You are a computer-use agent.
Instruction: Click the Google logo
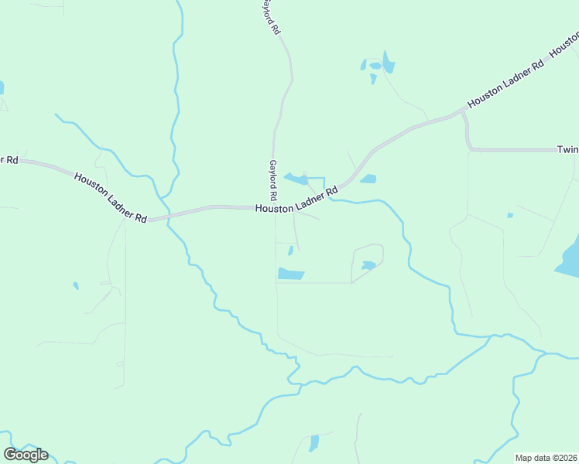pos(26,454)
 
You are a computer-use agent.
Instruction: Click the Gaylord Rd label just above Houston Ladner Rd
pos(273,181)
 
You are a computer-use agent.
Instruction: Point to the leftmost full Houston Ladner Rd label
pos(110,197)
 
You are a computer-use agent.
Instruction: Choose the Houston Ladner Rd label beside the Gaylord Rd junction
pos(297,200)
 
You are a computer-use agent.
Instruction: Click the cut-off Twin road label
pos(567,149)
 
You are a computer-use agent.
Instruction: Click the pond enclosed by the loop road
pos(368,265)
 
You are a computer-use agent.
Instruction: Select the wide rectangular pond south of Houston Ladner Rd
pos(291,274)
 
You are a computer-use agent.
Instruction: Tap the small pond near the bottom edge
pos(313,443)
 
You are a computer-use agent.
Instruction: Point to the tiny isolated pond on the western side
pos(76,285)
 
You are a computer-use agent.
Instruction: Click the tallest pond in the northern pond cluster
pos(388,62)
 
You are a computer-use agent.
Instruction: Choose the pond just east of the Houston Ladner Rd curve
pos(368,179)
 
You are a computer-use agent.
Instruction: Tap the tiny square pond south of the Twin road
pos(509,215)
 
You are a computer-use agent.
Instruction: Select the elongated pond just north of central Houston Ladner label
pos(296,179)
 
